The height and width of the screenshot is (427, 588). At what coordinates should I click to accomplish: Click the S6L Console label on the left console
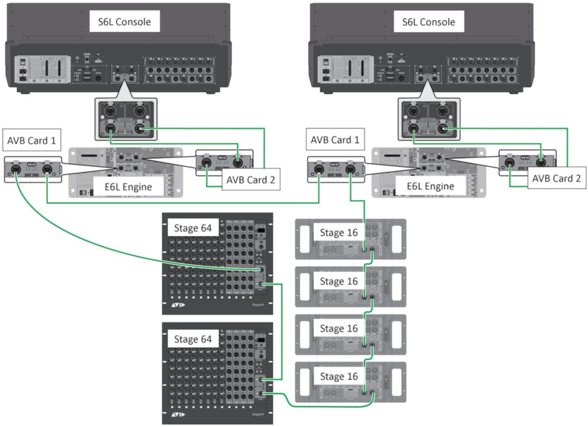124,22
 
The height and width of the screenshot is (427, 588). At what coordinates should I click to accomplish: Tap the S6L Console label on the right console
429,22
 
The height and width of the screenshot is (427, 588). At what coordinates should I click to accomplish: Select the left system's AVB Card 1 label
31,141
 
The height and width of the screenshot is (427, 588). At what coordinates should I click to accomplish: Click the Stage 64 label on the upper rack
192,228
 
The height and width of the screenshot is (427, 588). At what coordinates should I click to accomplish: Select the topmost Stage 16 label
338,233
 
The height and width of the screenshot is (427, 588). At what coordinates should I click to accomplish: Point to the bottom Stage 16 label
338,377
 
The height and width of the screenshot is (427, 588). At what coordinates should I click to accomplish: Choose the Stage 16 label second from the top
338,281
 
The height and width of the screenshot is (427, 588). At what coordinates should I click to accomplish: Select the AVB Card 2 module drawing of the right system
527,161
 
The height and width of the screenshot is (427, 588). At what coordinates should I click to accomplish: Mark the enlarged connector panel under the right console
429,116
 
